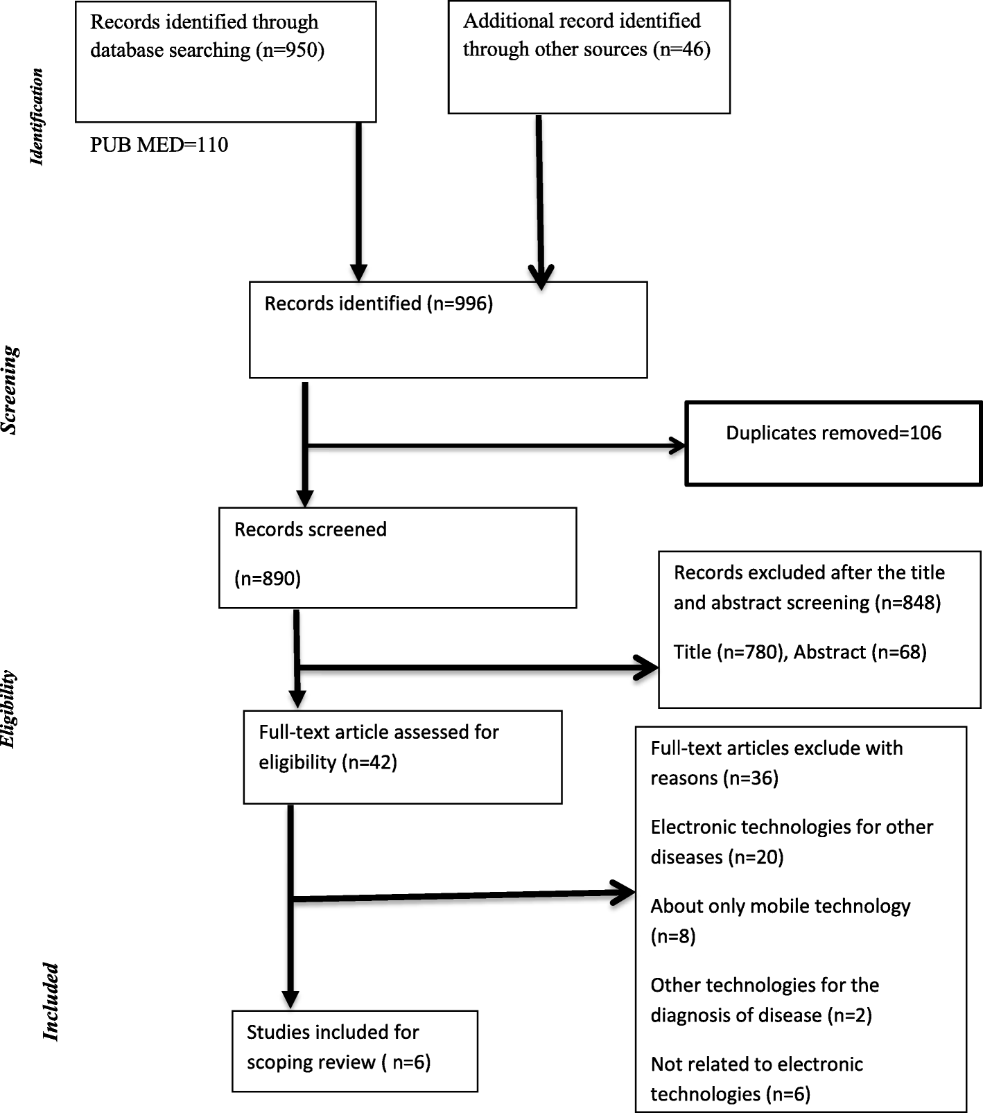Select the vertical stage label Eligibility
point(8,709)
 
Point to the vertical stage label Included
point(51,1001)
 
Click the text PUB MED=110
point(159,145)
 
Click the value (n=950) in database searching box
point(290,51)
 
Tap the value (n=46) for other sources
point(681,50)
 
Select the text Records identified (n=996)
point(379,304)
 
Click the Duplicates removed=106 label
point(833,433)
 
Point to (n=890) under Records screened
point(268,578)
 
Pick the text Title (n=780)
point(729,652)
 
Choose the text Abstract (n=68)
point(860,652)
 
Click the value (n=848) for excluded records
point(907,603)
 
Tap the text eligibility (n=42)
point(327,762)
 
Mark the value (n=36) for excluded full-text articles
point(751,778)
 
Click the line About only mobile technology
point(780,906)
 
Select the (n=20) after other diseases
point(755,857)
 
